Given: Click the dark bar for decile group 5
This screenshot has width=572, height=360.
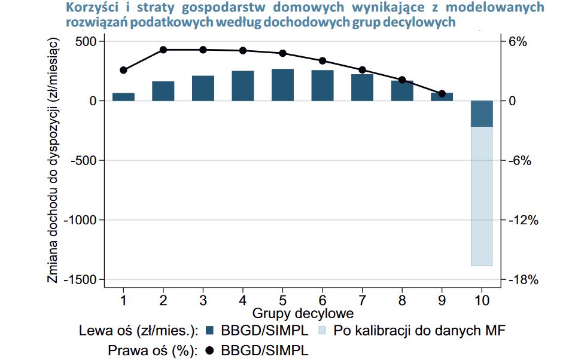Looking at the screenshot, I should pos(282,85).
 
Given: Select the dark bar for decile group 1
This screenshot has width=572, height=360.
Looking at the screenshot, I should pos(123,97).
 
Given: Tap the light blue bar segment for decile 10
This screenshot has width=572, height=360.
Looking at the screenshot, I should pos(481,196).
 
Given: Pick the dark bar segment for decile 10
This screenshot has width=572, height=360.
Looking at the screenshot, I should pos(481,114).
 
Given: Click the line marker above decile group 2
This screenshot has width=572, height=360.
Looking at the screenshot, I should pos(163,50).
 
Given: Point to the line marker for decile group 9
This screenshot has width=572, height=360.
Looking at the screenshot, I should pos(442,94).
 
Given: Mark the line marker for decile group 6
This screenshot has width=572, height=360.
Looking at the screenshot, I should pos(322,60).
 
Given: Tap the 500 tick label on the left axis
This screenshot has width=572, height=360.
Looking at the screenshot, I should pos(85,41).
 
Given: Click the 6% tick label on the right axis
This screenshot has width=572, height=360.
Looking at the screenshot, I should pos(518,41).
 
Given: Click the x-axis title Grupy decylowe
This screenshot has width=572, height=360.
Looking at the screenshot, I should pos(302,313).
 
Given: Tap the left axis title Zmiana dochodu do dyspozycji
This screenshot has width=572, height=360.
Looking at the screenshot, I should pos(53,160).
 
